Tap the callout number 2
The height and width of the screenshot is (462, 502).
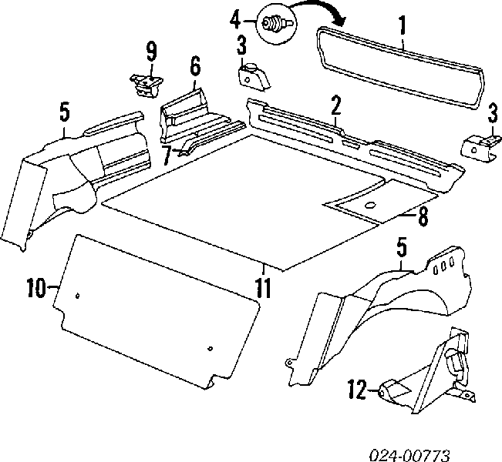pyautogui.click(x=335, y=105)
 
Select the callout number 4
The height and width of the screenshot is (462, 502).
pyautogui.click(x=235, y=21)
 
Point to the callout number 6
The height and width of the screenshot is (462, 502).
pyautogui.click(x=195, y=66)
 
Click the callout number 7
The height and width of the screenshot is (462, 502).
pyautogui.click(x=167, y=156)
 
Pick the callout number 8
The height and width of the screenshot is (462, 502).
pyautogui.click(x=423, y=217)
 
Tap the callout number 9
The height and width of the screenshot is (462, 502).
pyautogui.click(x=152, y=52)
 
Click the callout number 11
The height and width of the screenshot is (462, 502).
pyautogui.click(x=263, y=288)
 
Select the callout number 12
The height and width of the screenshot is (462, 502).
pyautogui.click(x=358, y=389)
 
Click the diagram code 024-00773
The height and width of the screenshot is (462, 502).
pyautogui.click(x=409, y=455)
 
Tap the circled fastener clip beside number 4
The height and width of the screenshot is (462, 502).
pyautogui.click(x=277, y=24)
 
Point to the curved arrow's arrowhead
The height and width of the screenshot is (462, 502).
pyautogui.click(x=340, y=20)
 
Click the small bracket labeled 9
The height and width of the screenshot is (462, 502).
pyautogui.click(x=146, y=85)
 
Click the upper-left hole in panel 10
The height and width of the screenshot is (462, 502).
pyautogui.click(x=77, y=296)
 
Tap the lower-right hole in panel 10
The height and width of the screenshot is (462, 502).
pyautogui.click(x=210, y=349)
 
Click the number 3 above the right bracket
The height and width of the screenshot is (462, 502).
pyautogui.click(x=493, y=115)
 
